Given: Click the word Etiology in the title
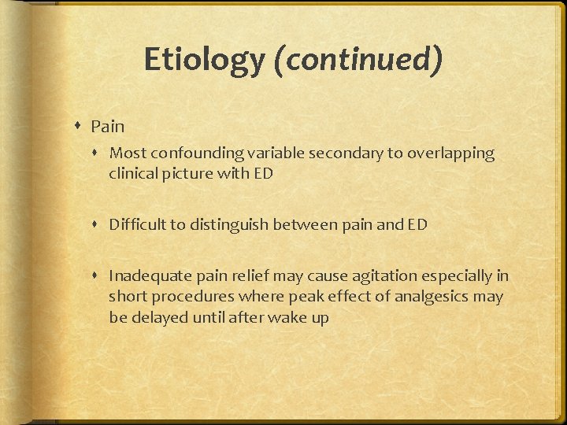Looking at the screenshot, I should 204,60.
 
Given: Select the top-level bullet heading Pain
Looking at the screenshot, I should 107,126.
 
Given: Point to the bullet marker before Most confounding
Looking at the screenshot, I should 98,153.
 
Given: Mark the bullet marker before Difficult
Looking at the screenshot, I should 98,225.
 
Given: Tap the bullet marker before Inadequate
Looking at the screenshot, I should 98,276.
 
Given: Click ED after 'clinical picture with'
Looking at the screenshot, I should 263,174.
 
